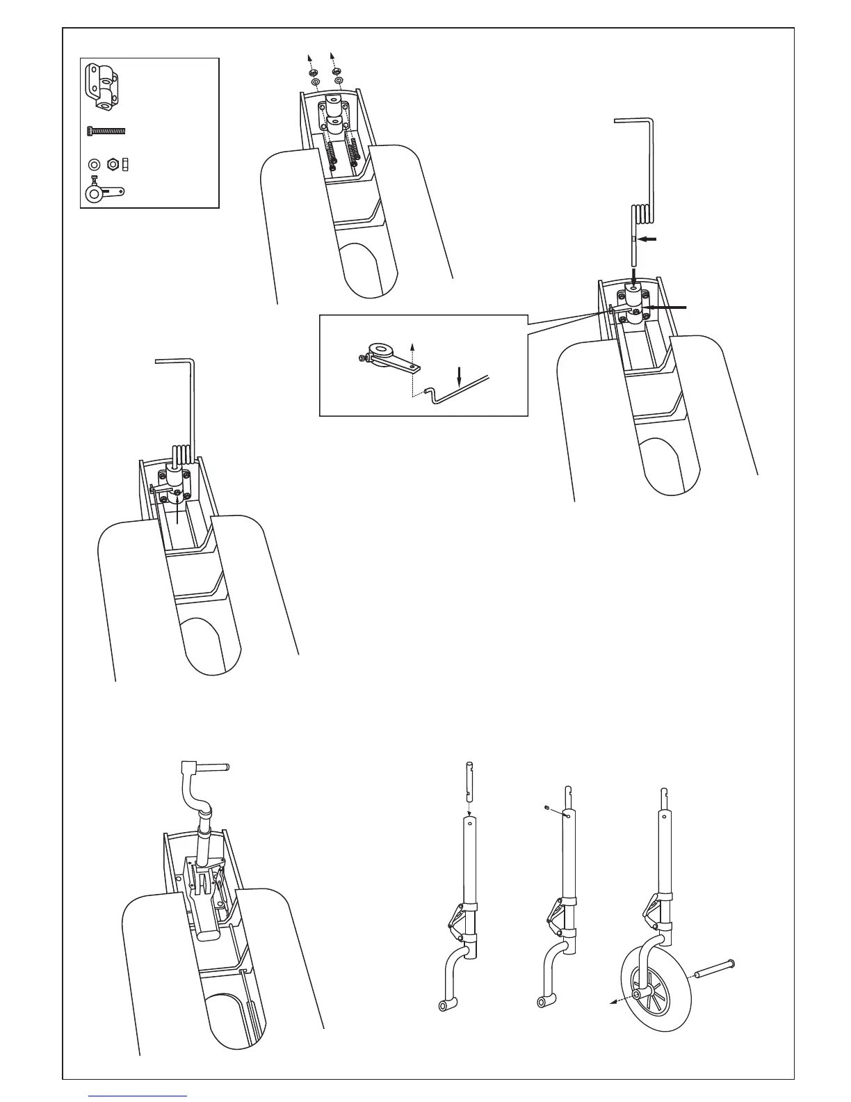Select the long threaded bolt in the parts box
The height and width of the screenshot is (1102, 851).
tap(106, 130)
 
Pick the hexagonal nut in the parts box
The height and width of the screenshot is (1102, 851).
tap(111, 165)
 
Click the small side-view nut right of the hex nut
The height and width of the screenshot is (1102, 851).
tap(125, 165)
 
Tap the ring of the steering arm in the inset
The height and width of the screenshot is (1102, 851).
tap(380, 347)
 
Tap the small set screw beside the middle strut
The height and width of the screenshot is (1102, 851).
tap(547, 808)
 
